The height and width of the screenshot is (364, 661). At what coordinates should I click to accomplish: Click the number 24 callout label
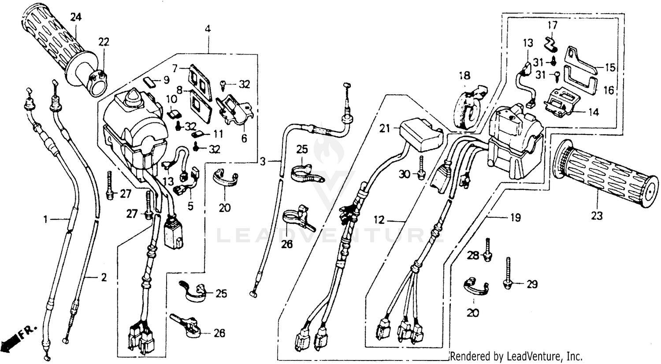(x=76, y=17)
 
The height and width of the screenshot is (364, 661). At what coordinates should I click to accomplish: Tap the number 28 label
(x=472, y=256)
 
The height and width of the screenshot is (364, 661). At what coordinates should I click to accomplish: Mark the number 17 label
(x=553, y=25)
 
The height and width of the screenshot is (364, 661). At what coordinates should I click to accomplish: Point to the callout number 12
(x=379, y=219)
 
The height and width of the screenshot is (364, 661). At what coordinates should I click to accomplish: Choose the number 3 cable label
(x=263, y=161)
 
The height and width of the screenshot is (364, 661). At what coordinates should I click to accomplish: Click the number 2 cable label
(x=104, y=278)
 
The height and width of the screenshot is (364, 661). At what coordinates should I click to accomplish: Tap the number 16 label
(x=608, y=91)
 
